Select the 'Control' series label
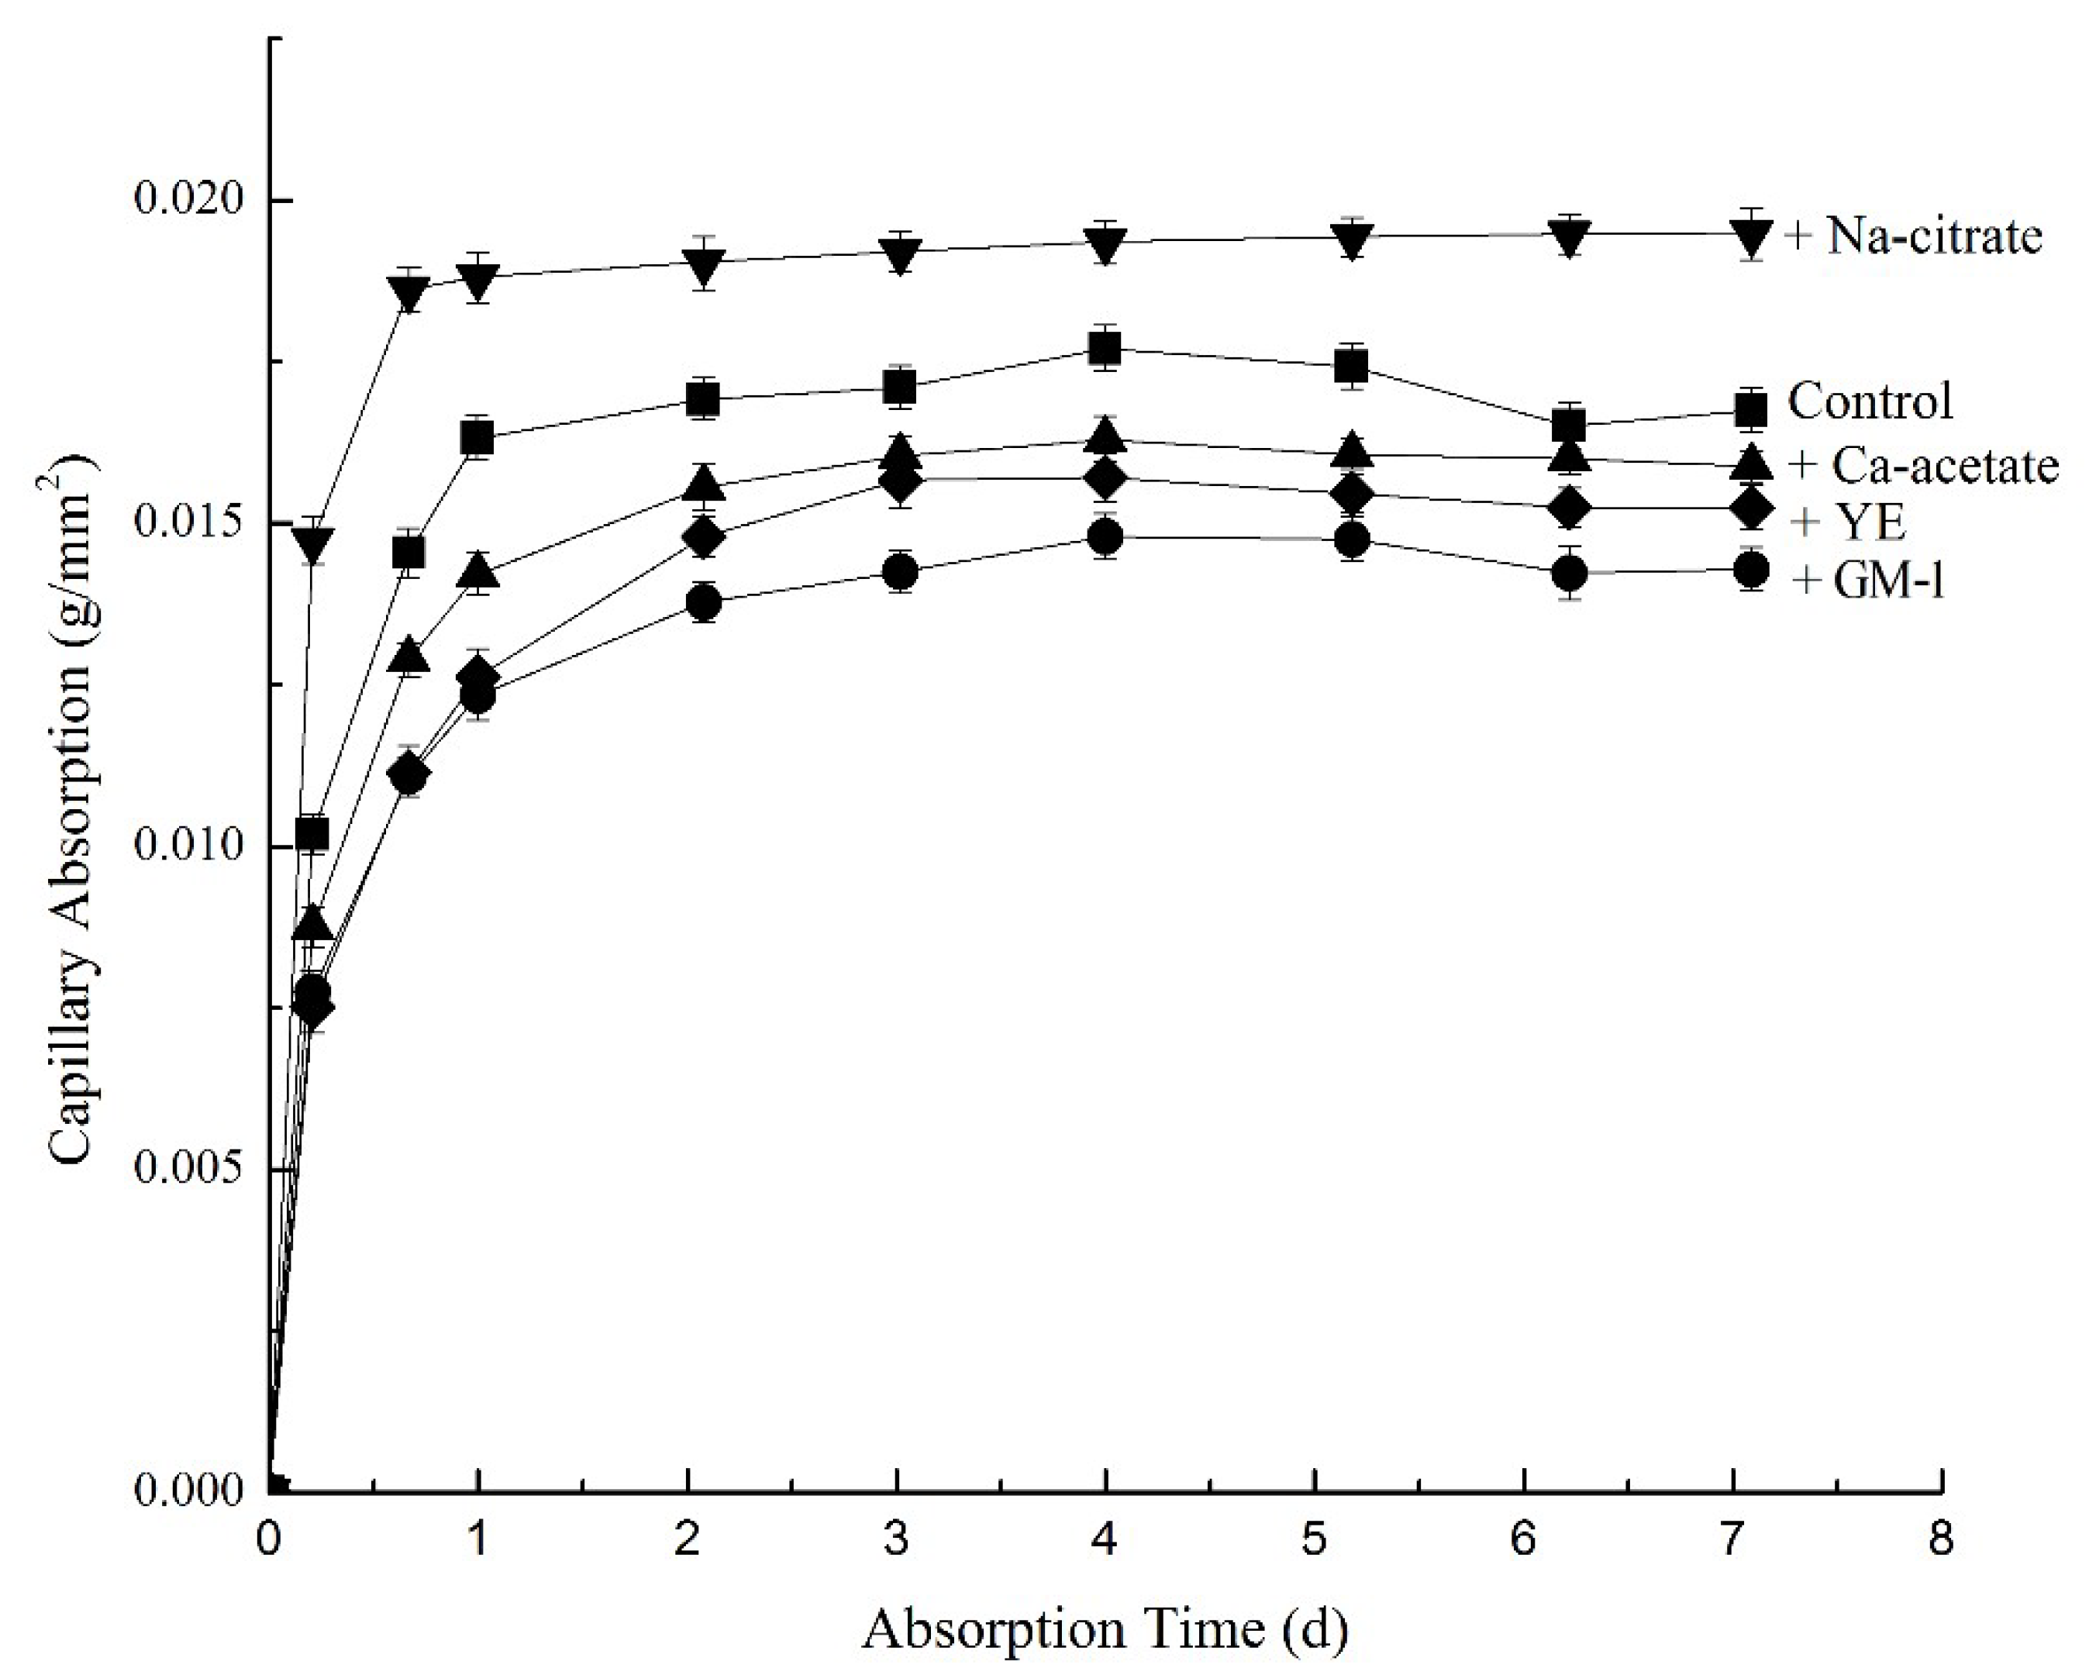click(x=1870, y=400)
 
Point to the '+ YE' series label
click(x=1848, y=523)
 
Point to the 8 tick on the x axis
click(x=1941, y=1540)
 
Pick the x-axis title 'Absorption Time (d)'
click(x=1105, y=1629)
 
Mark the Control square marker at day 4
click(x=1105, y=349)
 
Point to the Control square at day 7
click(x=1751, y=411)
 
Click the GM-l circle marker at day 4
click(x=1105, y=536)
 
